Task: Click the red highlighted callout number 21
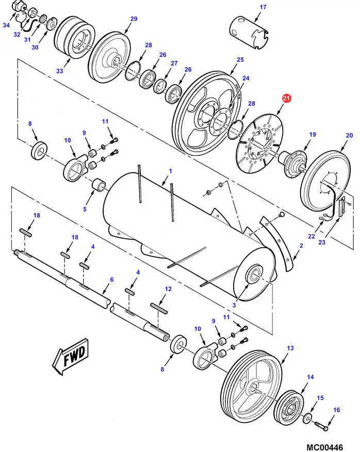pos(286,99)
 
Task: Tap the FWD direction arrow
pos(70,357)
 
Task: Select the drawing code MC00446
pos(324,447)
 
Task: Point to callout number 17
pos(263,7)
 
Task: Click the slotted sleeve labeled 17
pos(249,33)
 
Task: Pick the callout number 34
pos(6,25)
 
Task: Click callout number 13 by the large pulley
pos(290,348)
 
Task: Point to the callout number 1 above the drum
pos(170,171)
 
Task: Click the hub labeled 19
pos(293,163)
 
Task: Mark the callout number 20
pos(349,135)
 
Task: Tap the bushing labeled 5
pos(99,185)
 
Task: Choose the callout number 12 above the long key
pos(168,288)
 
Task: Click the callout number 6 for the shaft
pos(112,279)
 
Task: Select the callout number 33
pos(60,71)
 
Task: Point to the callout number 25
pos(240,60)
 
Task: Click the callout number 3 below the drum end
pos(234,305)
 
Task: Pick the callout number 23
pos(322,242)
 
